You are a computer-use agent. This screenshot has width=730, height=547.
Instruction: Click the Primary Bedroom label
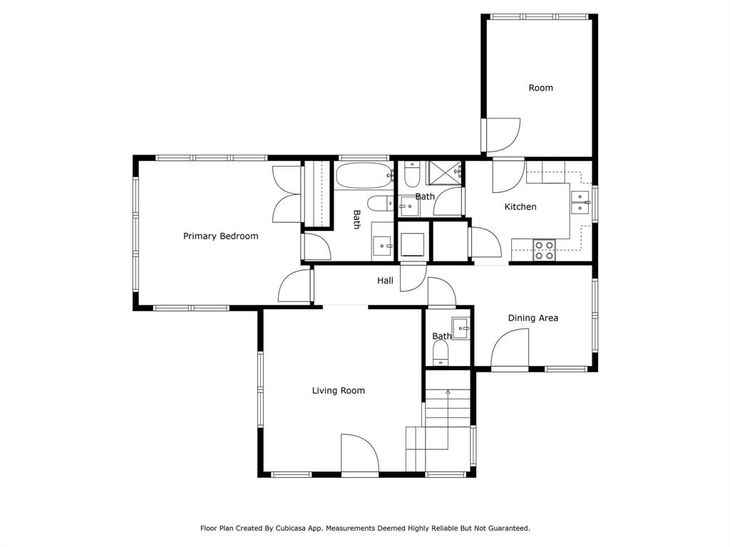pyautogui.click(x=220, y=236)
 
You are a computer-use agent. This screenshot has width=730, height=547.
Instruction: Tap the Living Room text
pyautogui.click(x=338, y=390)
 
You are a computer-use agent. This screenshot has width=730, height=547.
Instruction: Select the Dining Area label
pyautogui.click(x=533, y=318)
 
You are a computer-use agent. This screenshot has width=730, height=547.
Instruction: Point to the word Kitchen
pyautogui.click(x=520, y=207)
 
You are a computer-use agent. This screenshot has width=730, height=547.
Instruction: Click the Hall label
pyautogui.click(x=385, y=281)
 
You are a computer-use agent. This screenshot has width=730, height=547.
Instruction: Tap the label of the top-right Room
pyautogui.click(x=540, y=88)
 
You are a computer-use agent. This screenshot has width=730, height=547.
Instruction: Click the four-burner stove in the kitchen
pyautogui.click(x=545, y=250)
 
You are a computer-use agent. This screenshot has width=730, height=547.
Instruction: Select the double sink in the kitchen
pyautogui.click(x=580, y=203)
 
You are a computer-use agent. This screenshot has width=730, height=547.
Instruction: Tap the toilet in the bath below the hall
pyautogui.click(x=441, y=353)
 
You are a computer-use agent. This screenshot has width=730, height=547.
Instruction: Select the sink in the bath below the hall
pyautogui.click(x=461, y=328)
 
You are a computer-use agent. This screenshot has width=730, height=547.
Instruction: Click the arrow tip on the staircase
pyautogui.click(x=448, y=391)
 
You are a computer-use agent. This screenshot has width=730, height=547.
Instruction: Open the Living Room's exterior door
pyautogui.click(x=359, y=456)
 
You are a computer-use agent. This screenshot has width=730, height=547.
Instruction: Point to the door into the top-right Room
pyautogui.click(x=502, y=135)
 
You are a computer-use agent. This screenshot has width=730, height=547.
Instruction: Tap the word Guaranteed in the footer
pyautogui.click(x=508, y=528)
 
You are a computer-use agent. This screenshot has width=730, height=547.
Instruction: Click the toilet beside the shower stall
pyautogui.click(x=412, y=175)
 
